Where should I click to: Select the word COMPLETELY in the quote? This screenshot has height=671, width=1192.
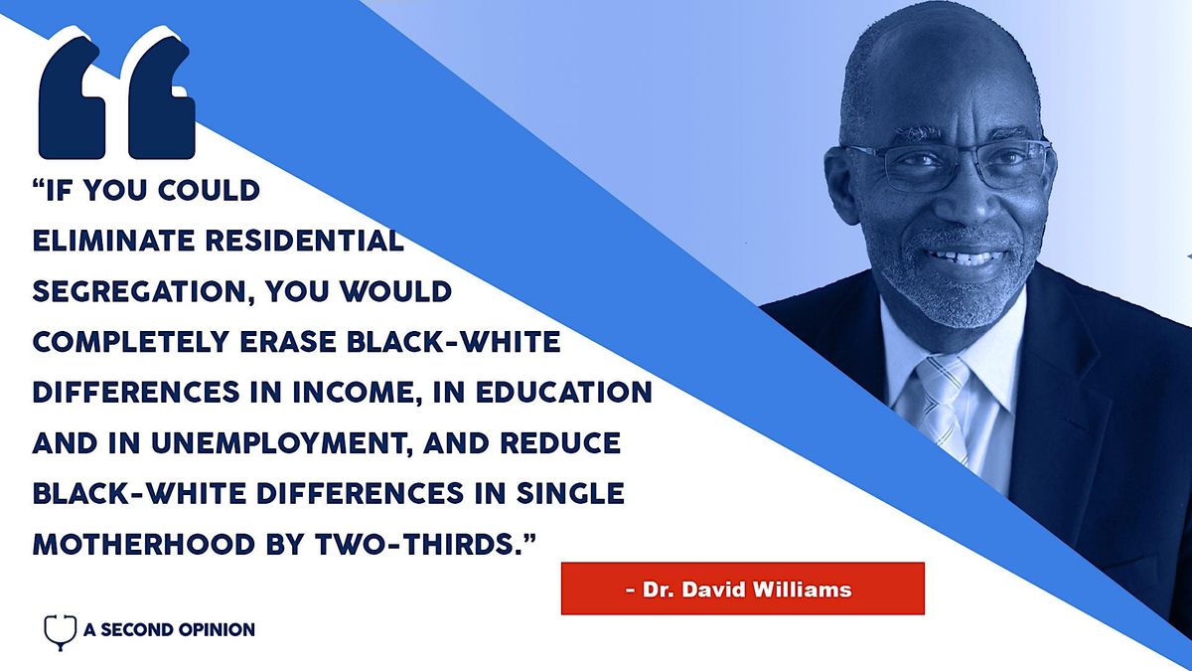tap(135, 342)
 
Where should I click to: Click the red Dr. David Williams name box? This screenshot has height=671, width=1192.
tap(742, 588)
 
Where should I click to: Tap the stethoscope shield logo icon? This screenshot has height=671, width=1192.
tap(61, 630)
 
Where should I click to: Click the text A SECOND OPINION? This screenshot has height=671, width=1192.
tap(169, 629)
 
